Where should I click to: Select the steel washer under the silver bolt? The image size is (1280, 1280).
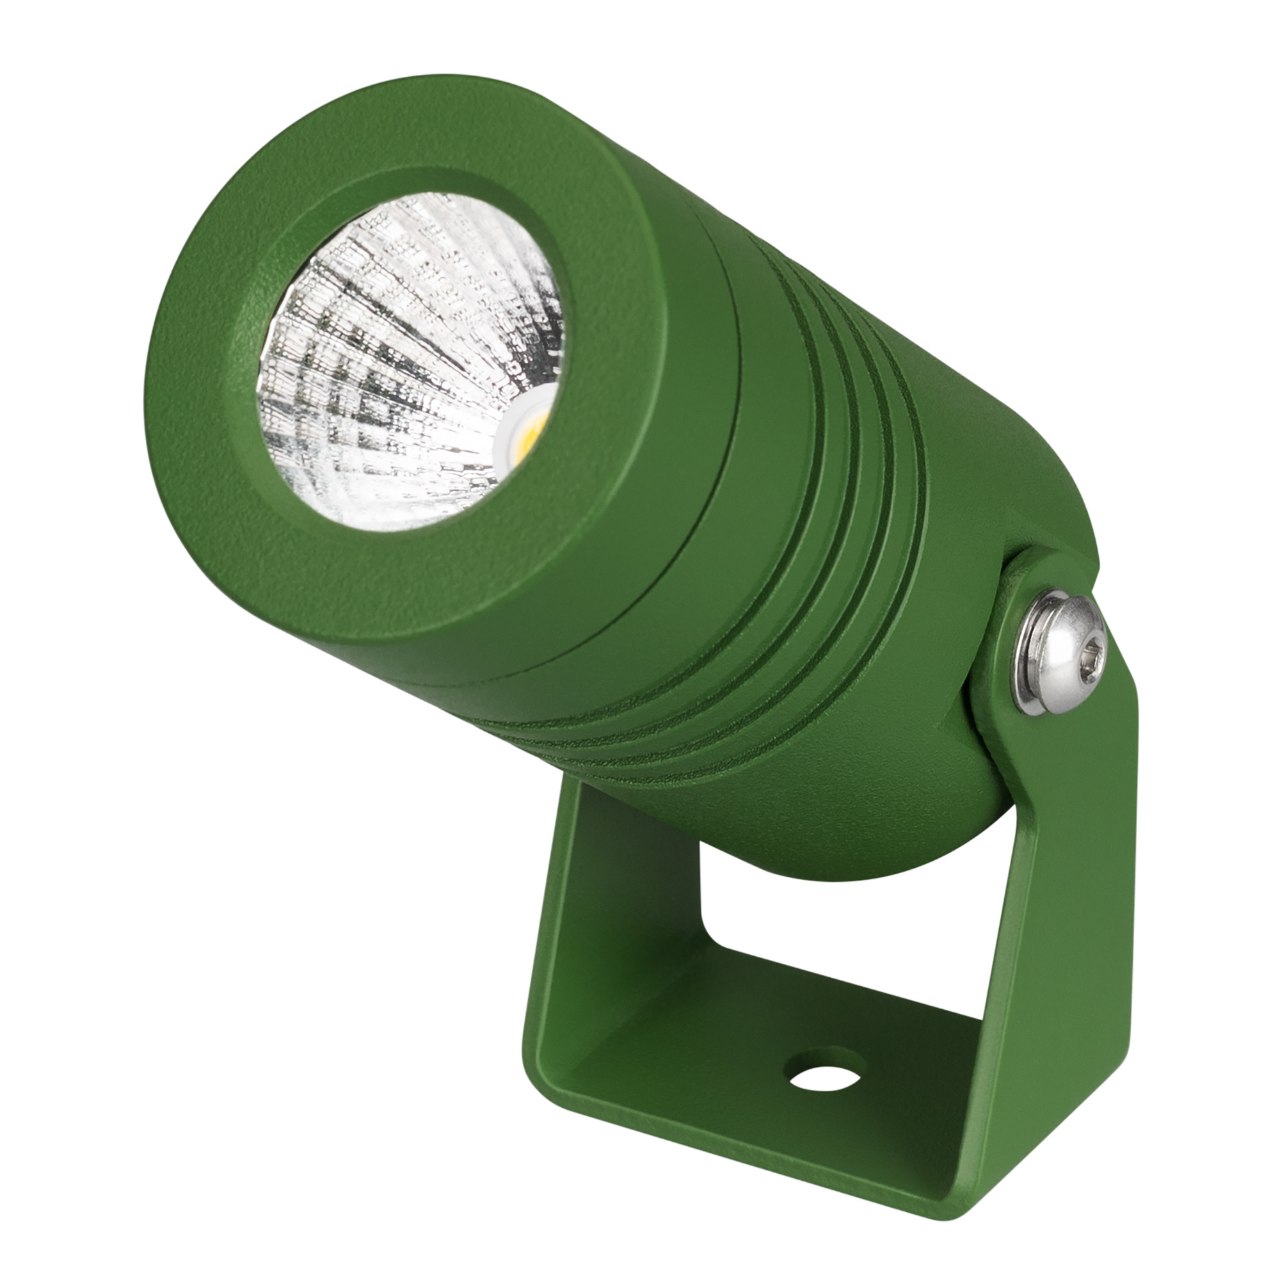click(x=1023, y=669)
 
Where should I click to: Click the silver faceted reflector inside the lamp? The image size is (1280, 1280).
click(x=371, y=344)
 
